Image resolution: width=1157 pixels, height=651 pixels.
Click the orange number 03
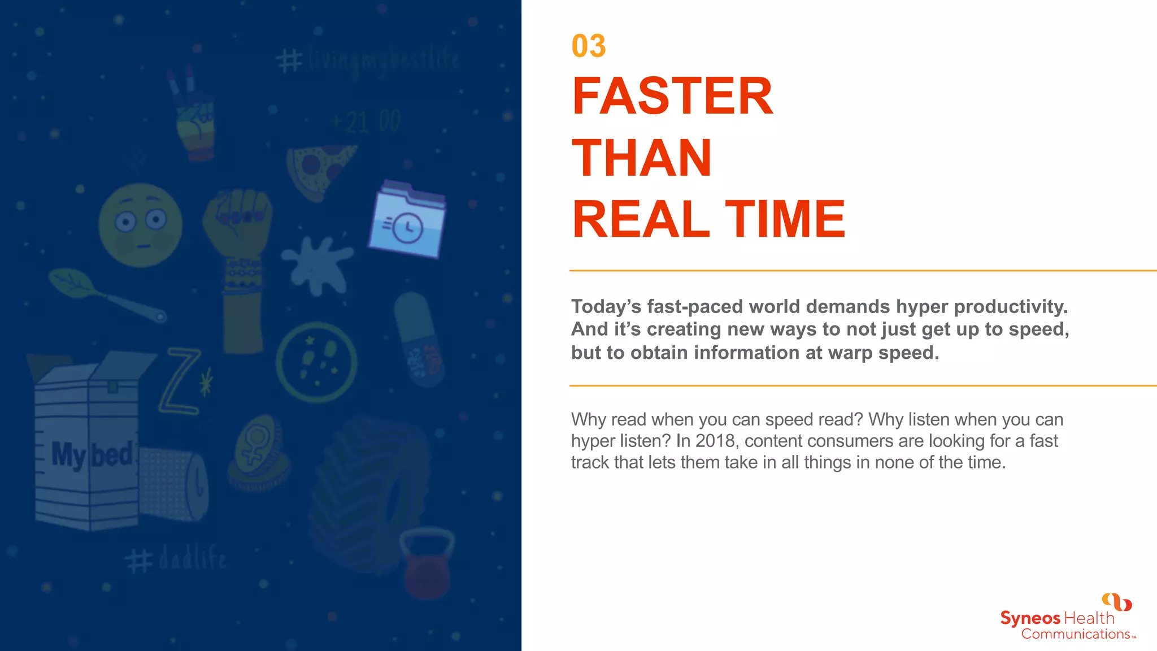point(588,46)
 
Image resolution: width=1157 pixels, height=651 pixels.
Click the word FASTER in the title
point(672,97)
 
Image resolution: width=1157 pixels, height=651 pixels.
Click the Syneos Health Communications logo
point(1068,619)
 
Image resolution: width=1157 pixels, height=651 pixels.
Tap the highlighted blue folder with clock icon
point(407,220)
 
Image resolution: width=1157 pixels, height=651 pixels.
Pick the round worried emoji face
point(140,225)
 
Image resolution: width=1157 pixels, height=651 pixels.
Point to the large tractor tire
point(367,492)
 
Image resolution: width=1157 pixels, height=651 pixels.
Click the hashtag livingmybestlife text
point(368,60)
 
